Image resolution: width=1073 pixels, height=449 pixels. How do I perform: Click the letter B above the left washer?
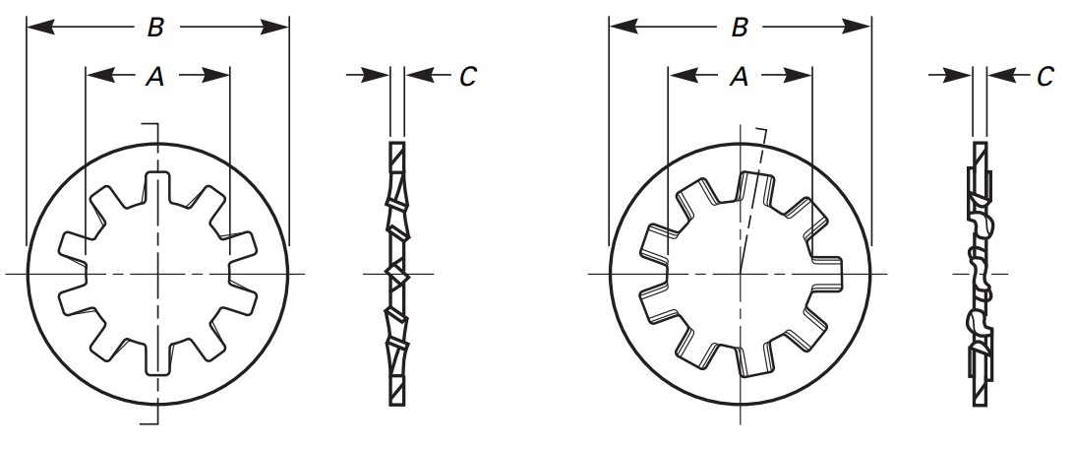[155, 28]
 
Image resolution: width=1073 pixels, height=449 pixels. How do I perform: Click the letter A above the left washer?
[154, 78]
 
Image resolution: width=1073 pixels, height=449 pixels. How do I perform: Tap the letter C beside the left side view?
[467, 77]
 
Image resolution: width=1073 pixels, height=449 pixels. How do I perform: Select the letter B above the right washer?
[740, 28]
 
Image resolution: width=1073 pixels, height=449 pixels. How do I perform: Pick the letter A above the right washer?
[739, 78]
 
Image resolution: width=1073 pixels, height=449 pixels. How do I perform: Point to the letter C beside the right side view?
[1044, 77]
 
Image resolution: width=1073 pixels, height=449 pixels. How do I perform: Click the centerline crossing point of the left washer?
[157, 273]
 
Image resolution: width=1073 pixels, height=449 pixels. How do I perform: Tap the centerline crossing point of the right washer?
[740, 273]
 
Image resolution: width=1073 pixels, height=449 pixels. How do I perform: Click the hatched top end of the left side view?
[396, 154]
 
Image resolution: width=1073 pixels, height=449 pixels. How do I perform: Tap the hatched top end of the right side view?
[980, 153]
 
